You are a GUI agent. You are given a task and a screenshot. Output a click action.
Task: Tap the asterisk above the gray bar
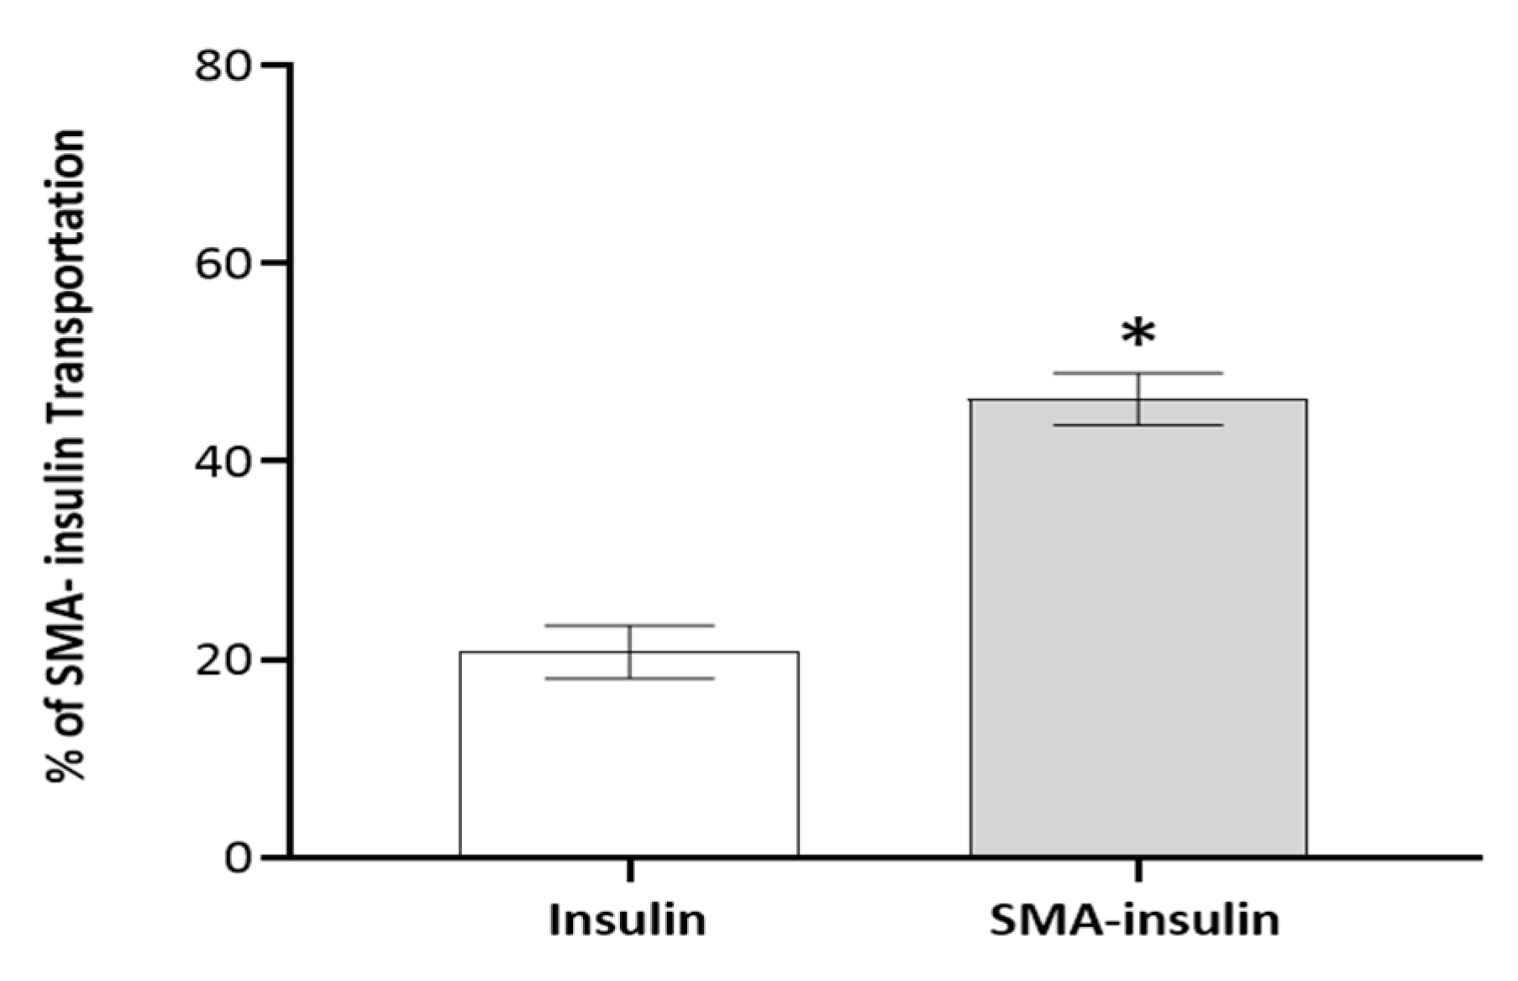click(1138, 334)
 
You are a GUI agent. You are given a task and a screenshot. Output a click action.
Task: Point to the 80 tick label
click(223, 65)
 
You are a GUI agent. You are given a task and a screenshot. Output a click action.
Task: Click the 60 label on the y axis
click(223, 263)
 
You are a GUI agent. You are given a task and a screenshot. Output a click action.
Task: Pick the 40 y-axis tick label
click(223, 461)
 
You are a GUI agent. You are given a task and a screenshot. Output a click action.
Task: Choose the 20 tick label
click(223, 660)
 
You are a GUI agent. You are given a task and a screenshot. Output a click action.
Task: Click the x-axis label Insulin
click(627, 920)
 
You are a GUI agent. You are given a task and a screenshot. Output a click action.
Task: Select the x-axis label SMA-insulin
click(1134, 920)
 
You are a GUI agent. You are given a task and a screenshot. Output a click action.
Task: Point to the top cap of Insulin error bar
click(629, 625)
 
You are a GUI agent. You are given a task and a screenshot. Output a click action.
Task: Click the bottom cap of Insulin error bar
click(629, 678)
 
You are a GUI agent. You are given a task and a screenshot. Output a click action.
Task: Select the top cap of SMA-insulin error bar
click(1138, 373)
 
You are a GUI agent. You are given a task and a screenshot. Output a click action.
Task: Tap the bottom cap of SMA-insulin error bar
click(1138, 425)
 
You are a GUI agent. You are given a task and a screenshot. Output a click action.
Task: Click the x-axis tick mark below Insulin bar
click(629, 869)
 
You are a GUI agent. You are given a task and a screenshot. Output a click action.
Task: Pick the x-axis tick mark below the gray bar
click(1138, 869)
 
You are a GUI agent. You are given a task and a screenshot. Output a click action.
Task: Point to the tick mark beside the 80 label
click(274, 65)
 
